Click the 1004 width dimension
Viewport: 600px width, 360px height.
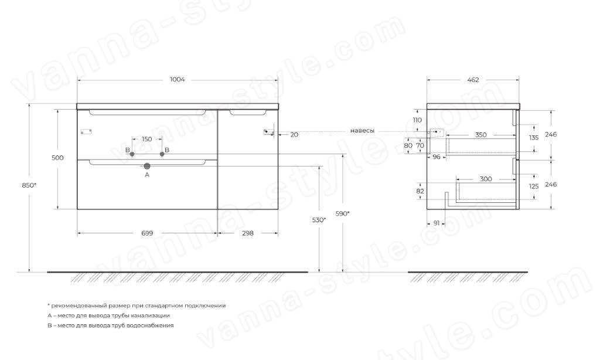pyautogui.click(x=177, y=80)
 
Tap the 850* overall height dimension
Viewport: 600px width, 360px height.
pyautogui.click(x=29, y=185)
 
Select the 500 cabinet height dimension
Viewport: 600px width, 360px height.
pyautogui.click(x=57, y=158)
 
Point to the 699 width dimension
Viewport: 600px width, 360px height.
pyautogui.click(x=147, y=233)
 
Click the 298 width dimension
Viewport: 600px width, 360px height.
pyautogui.click(x=248, y=233)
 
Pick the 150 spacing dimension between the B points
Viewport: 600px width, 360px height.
pyautogui.click(x=147, y=140)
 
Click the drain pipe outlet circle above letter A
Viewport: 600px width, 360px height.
pyautogui.click(x=147, y=166)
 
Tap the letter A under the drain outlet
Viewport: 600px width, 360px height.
pyautogui.click(x=147, y=175)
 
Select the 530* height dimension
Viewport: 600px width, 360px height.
pyautogui.click(x=319, y=220)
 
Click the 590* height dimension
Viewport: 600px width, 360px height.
pyautogui.click(x=342, y=213)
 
